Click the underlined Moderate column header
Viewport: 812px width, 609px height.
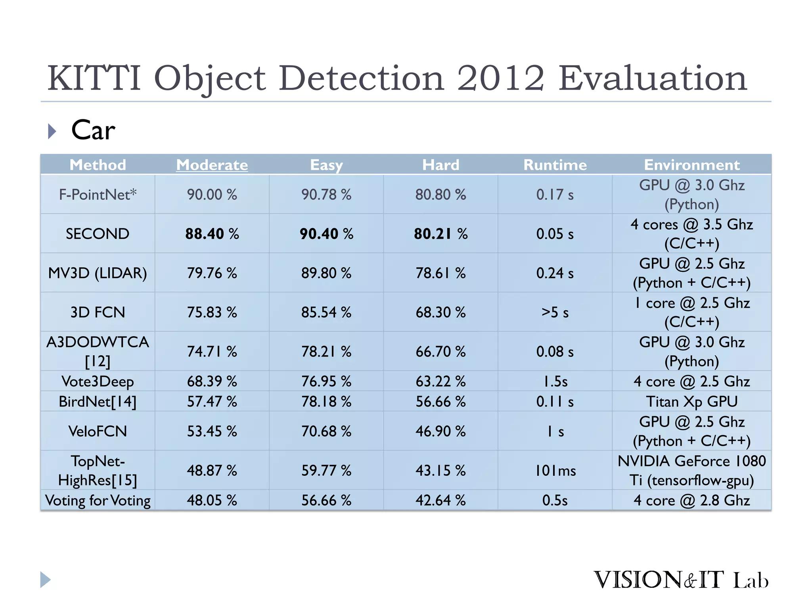[x=212, y=165]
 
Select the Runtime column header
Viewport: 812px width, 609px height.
[x=555, y=165]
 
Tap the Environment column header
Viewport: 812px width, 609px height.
[x=691, y=165]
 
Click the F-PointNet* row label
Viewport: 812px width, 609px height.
[x=98, y=194]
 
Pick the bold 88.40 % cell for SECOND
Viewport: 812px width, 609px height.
[x=212, y=234]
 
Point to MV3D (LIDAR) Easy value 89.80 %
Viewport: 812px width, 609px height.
[x=326, y=273]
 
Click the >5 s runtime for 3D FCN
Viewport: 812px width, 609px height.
[x=555, y=312]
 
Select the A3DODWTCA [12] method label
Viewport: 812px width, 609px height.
[x=98, y=351]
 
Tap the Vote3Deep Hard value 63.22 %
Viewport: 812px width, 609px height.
[x=440, y=381]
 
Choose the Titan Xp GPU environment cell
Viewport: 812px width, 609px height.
[x=691, y=401]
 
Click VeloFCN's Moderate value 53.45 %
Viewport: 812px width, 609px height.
[x=212, y=431]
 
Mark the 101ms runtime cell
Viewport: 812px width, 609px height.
[x=555, y=470]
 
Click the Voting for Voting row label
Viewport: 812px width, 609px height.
[x=98, y=500]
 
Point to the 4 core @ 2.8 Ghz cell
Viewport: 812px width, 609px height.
[x=691, y=500]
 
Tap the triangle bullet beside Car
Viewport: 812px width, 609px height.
[x=52, y=131]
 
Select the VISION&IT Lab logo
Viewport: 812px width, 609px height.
[x=680, y=580]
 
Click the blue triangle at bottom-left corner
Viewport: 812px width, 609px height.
[x=45, y=580]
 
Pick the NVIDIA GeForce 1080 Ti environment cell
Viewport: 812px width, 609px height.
[x=691, y=470]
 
